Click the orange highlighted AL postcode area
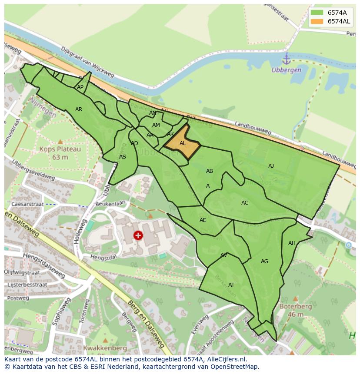click(182, 143)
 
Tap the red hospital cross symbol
click(138, 235)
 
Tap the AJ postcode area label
click(271, 166)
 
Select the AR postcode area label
click(79, 109)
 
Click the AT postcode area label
click(231, 285)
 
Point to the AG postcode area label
click(264, 261)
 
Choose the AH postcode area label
click(292, 243)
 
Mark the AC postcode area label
click(245, 203)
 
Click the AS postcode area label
click(123, 157)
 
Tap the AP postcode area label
click(80, 87)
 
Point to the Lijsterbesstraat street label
click(24, 285)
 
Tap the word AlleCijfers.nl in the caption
click(225, 359)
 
